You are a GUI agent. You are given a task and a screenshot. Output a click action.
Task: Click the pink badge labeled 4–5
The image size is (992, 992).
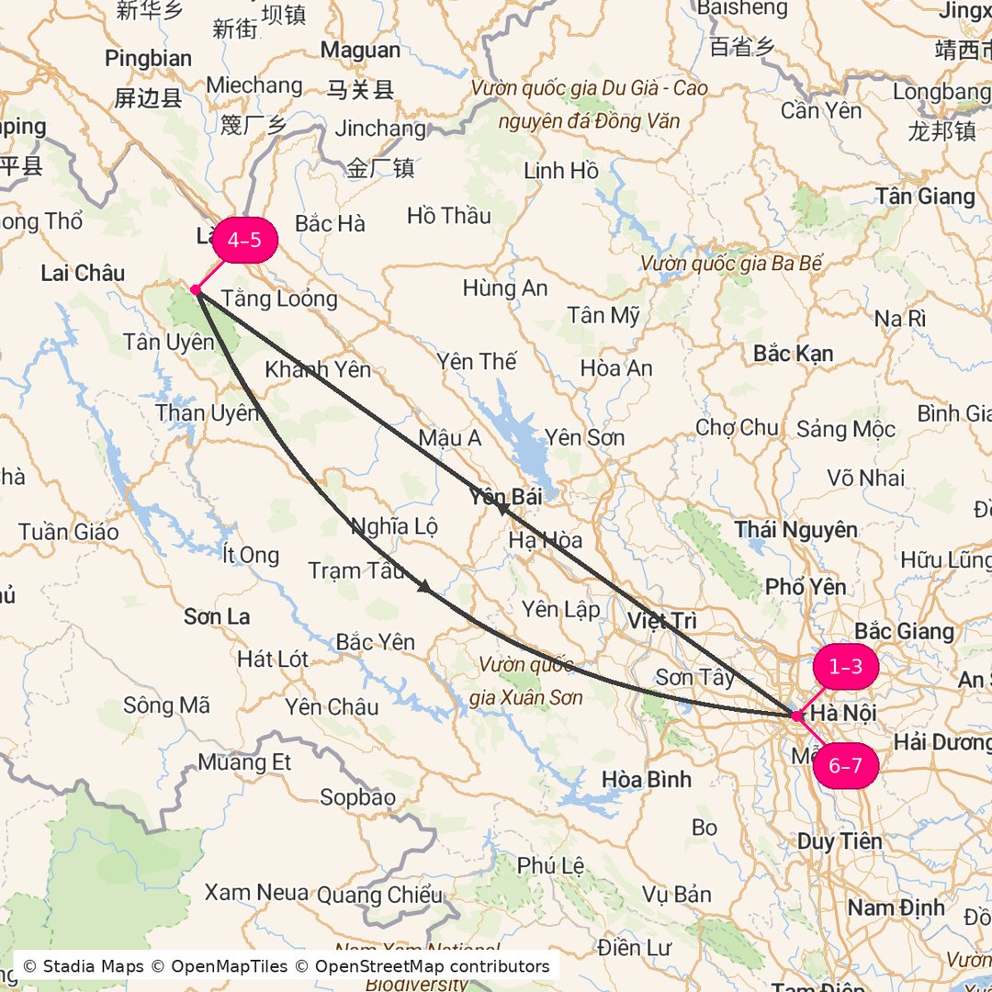[x=244, y=241]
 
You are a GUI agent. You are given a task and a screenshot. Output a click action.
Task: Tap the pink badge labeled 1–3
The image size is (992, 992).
[x=845, y=667]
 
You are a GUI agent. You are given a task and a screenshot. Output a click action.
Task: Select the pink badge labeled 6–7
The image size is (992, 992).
[x=845, y=766]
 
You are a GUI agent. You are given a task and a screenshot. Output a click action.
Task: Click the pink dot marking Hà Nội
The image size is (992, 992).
[x=795, y=716]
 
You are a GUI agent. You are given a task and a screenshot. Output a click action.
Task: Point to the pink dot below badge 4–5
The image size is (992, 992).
[x=196, y=290]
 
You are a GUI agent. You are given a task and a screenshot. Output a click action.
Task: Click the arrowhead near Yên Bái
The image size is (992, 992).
[x=502, y=506]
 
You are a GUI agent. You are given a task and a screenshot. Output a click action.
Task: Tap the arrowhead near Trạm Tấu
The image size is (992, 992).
[x=424, y=586]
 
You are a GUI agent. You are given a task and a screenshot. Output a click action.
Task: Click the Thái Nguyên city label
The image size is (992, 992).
[x=796, y=529]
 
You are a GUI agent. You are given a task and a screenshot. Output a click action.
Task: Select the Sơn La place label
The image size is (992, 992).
[x=217, y=616]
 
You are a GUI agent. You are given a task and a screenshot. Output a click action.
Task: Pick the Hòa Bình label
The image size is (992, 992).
[x=647, y=779]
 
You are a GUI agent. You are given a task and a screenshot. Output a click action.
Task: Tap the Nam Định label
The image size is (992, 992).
[x=896, y=907]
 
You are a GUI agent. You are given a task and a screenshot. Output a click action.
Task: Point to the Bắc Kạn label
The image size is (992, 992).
[x=793, y=354]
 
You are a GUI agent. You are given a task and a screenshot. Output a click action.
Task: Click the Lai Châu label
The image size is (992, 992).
[x=83, y=273]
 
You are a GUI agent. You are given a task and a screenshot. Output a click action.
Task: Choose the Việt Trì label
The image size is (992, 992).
[x=662, y=621]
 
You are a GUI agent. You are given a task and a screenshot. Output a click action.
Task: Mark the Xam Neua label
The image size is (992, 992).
[x=256, y=893]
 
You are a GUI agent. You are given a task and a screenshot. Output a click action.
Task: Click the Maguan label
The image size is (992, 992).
[x=360, y=51]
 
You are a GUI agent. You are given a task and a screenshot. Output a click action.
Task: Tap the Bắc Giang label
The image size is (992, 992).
[x=904, y=632]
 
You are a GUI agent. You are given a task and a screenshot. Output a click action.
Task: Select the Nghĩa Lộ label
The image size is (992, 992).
[x=394, y=526]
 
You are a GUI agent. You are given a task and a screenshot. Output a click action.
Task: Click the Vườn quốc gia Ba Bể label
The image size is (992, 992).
[x=731, y=265]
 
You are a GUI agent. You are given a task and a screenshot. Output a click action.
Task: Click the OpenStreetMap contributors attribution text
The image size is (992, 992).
[x=432, y=966]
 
